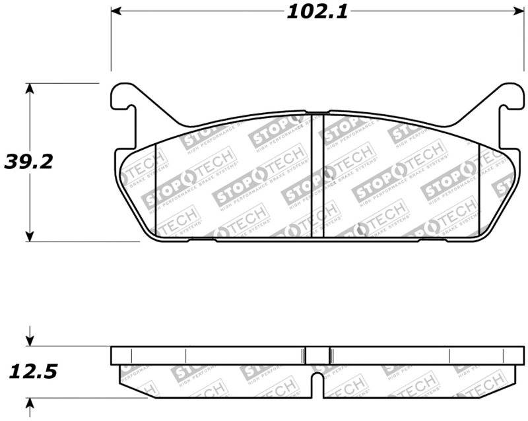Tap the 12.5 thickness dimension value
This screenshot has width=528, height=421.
point(32,372)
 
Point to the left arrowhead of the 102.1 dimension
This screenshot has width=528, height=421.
point(116,12)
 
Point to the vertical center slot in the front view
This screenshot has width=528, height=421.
point(317,176)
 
